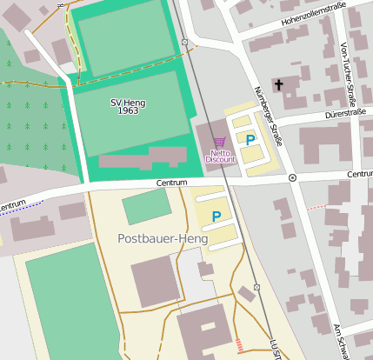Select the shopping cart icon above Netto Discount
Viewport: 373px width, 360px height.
click(219, 142)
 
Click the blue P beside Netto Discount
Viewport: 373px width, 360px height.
click(250, 139)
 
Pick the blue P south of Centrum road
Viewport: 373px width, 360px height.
click(216, 216)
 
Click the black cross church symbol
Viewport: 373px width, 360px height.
click(278, 85)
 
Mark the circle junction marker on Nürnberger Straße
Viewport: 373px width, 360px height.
click(292, 177)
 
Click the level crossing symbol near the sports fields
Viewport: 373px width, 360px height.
click(184, 42)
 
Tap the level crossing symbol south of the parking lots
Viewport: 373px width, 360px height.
click(256, 287)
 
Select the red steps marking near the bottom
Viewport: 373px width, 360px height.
click(239, 345)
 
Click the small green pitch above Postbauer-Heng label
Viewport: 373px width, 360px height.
click(146, 207)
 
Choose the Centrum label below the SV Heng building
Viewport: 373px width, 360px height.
click(172, 183)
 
